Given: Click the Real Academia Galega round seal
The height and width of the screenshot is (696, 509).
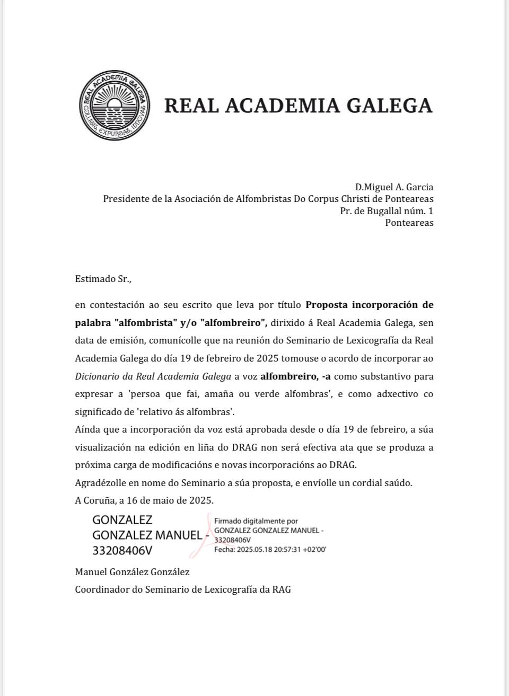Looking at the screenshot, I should pos(113,106).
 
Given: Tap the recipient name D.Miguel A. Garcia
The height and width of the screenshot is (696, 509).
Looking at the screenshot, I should pos(394,187).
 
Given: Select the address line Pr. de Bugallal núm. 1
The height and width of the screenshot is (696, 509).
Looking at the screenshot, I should pos(387,210).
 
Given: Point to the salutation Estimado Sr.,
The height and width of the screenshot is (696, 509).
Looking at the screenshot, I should pos(103,278).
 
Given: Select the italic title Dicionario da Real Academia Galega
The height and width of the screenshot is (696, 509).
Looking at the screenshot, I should pos(153,376).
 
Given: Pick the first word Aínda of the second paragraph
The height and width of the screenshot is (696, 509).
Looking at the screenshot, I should pos(87,429).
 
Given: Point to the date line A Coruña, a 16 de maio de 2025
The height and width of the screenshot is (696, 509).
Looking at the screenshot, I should pos(144,500).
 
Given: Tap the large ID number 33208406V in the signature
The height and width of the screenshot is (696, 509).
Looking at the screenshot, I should pos(122,551).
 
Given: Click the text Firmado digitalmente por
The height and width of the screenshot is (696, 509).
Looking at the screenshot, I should pos(256,521).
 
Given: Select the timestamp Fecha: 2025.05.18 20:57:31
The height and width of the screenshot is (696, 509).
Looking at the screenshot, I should pos(270,549).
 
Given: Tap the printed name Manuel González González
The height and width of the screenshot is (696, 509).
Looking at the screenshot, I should pos(132,572).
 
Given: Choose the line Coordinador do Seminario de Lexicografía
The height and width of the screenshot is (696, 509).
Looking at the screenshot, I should pos(183,589).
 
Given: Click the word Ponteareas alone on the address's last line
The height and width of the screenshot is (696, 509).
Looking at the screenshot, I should pos(409,223).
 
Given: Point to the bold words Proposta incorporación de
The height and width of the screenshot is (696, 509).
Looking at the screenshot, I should pos(370,305).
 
